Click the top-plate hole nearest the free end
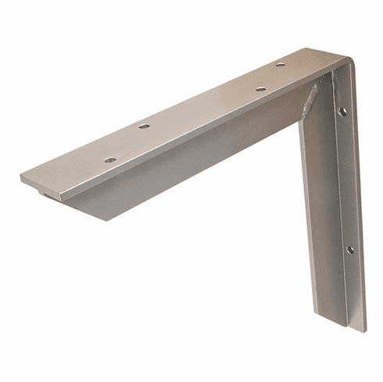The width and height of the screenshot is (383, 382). coord(110,159)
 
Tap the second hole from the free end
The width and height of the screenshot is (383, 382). coord(144,126)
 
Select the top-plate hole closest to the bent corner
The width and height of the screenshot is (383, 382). coord(280,64)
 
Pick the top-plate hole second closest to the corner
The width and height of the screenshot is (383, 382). coord(260,88)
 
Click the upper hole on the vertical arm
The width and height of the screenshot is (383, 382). coord(342,112)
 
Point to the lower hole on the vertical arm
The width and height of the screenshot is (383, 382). coord(349,249)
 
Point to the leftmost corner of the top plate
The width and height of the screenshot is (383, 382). coord(21,177)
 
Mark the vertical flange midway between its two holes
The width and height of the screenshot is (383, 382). coord(345,180)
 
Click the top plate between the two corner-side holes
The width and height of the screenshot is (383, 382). coord(270,77)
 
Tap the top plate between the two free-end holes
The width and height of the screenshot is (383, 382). coord(127,143)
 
